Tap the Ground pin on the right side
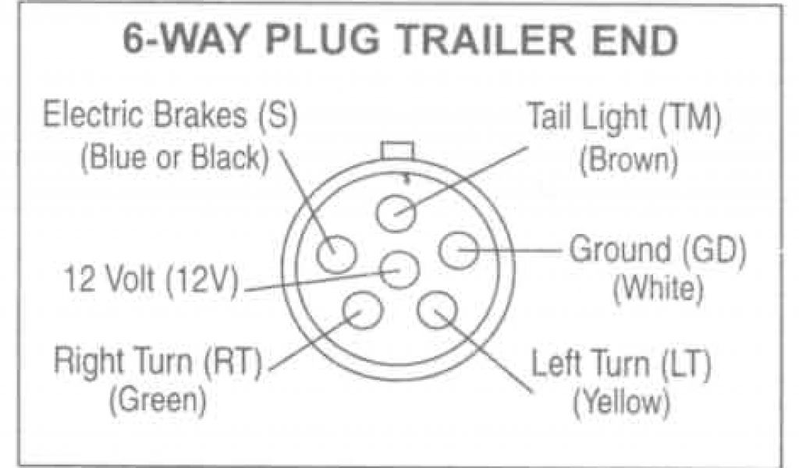tap(459, 251)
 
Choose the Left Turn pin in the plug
tap(436, 310)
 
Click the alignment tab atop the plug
tap(399, 151)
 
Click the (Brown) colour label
tap(627, 161)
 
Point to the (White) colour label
tap(658, 290)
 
